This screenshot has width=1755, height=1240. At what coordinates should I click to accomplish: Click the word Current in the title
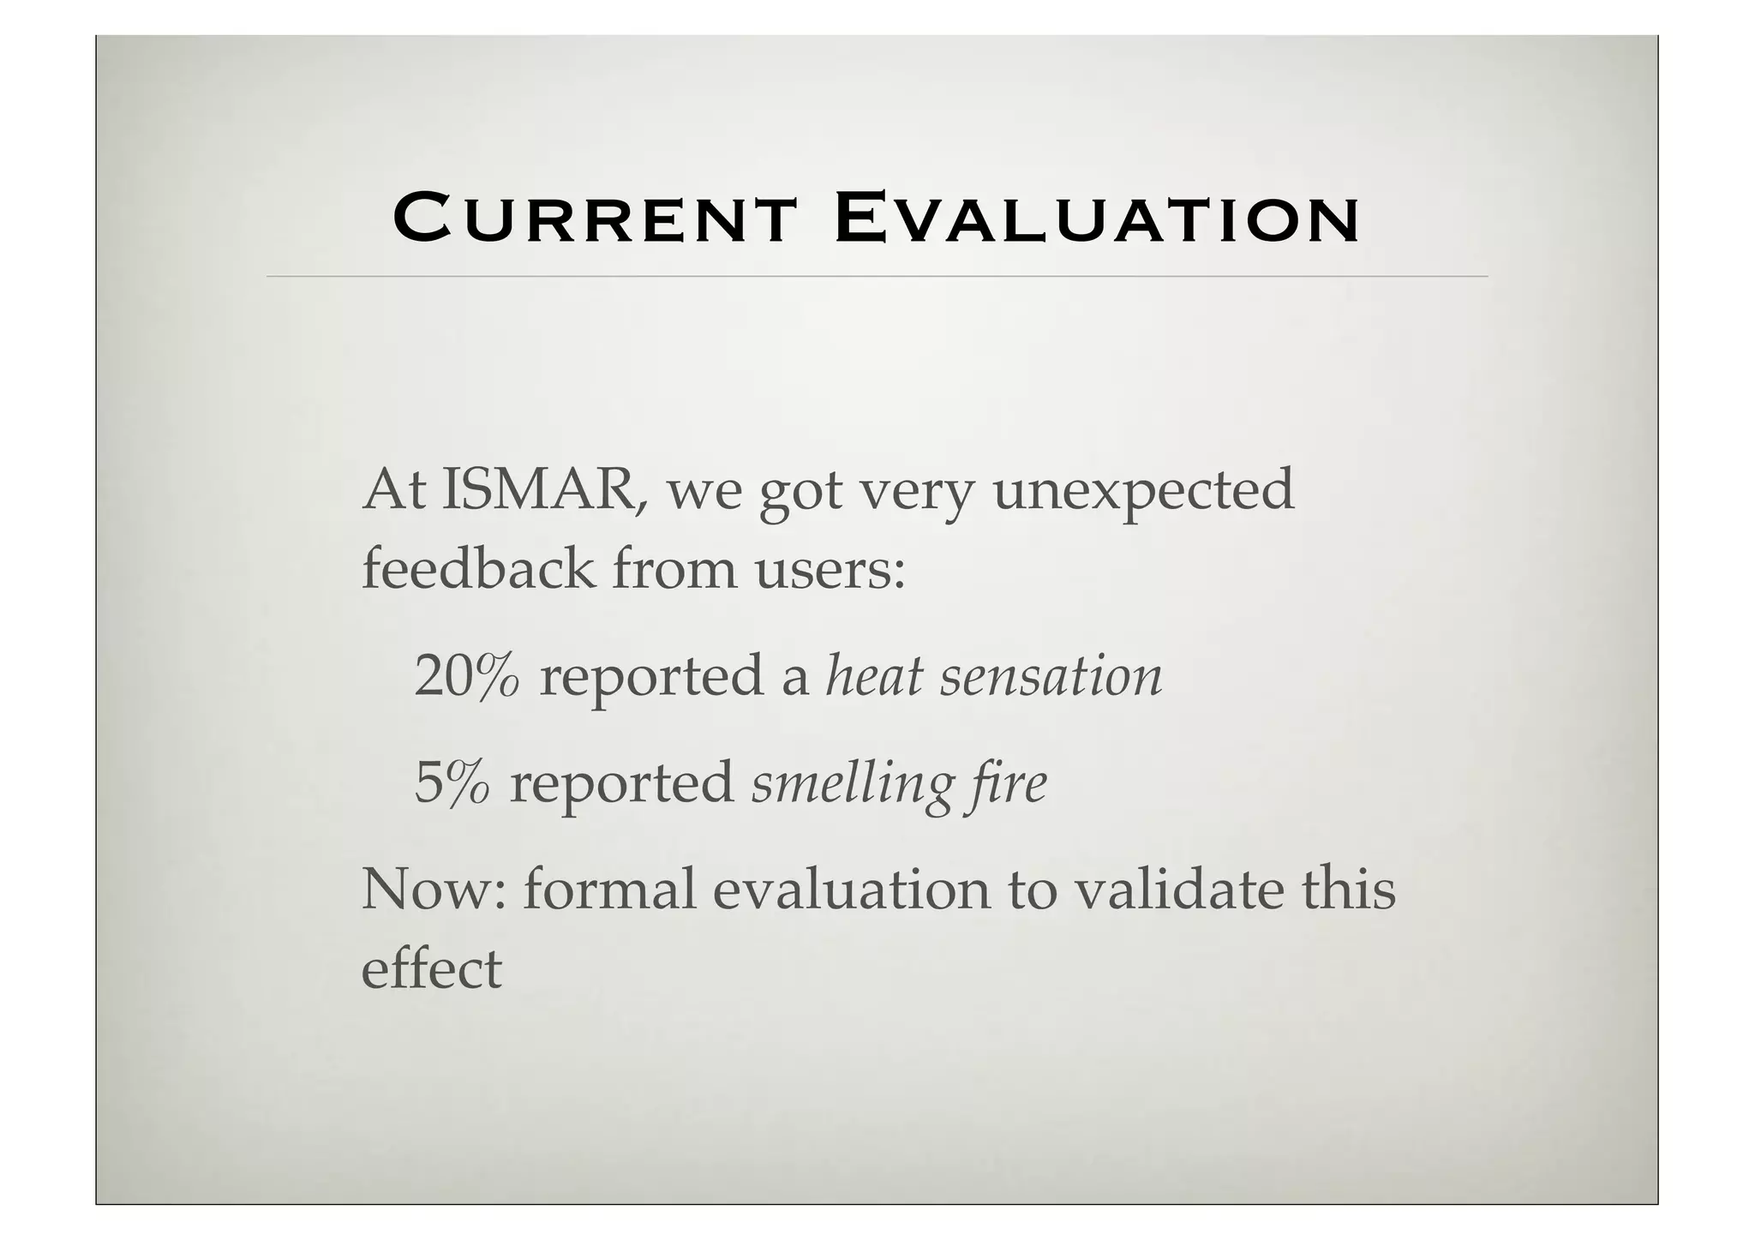(x=594, y=219)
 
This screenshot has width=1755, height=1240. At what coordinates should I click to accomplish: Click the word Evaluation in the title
(x=1096, y=219)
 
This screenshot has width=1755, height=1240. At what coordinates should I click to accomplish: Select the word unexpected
(x=1143, y=491)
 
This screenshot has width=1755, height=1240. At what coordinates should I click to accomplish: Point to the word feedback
(x=477, y=568)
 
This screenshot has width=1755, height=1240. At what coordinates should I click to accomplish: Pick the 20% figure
(x=467, y=675)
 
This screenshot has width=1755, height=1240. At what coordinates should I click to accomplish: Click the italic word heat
(x=873, y=675)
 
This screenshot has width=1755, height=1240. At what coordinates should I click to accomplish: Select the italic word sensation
(x=1051, y=675)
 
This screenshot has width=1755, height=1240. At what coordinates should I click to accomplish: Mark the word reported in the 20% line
(x=650, y=677)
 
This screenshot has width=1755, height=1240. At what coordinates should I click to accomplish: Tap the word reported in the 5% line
(x=621, y=783)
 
